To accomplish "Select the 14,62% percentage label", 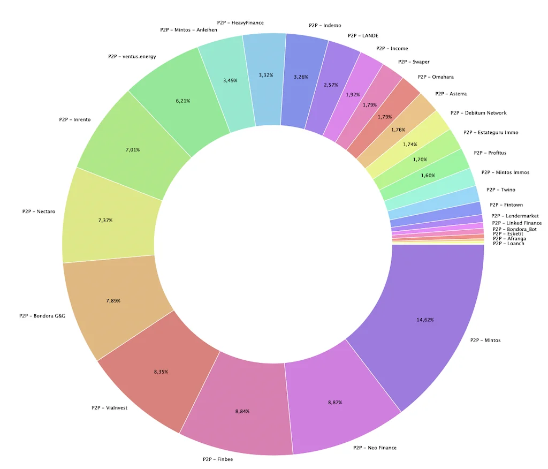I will coord(425,320).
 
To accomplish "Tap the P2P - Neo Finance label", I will coord(375,448).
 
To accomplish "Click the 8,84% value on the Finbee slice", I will coord(242,411).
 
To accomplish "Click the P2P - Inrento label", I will coord(74,119).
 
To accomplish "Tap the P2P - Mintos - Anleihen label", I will coord(188,30).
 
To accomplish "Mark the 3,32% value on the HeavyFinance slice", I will coord(265,75).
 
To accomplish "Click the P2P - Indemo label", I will coord(325,25).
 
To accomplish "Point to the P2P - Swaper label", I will coord(414,62).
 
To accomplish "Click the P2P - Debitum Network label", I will coord(478,113).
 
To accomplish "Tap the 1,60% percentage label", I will coord(428,176).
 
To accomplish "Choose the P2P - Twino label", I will coord(501,190).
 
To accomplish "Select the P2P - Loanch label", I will coord(508,244).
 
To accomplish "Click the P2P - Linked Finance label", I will coord(516,223).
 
